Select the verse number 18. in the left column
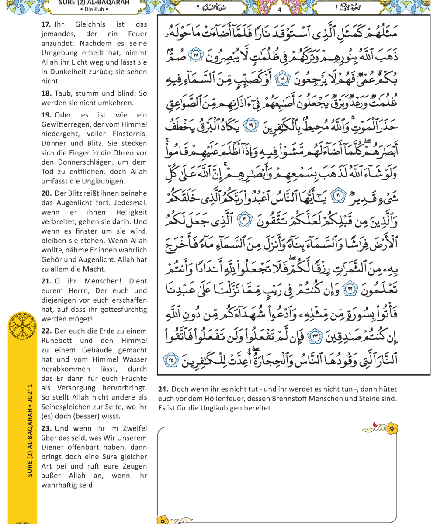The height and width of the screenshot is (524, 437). (x=47, y=93)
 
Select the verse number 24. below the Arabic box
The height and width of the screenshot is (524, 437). (x=163, y=389)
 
